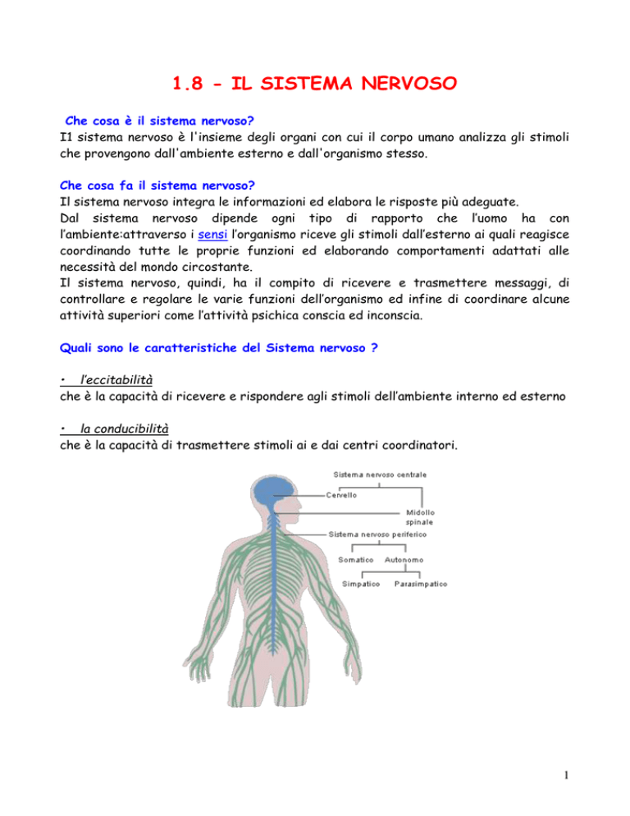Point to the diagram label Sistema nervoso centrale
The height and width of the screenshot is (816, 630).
tap(380, 474)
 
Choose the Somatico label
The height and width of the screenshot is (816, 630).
tap(357, 560)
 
